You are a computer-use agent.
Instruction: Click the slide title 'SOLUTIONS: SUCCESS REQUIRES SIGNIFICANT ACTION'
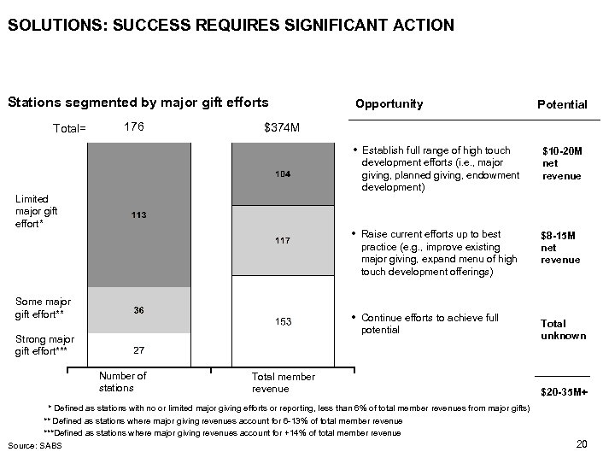[x=231, y=26]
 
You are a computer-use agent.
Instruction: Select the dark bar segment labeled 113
[x=139, y=214]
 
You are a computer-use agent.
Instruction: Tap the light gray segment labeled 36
[x=139, y=310]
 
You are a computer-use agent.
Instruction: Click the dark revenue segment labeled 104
[x=283, y=174]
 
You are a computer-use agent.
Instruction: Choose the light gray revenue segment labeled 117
[x=283, y=241]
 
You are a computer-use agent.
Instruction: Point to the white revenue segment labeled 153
[x=283, y=322]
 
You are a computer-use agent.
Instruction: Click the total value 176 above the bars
[x=134, y=126]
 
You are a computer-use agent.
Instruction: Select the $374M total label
[x=283, y=127]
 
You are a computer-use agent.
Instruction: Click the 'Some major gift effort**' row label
[x=43, y=308]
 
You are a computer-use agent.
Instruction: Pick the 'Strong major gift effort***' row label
[x=44, y=346]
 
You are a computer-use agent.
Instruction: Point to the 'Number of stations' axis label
[x=123, y=382]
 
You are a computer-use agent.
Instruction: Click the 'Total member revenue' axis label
[x=283, y=383]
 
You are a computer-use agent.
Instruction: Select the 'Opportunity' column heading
[x=389, y=104]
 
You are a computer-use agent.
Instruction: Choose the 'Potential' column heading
[x=561, y=105]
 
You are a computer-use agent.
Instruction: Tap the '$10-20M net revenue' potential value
[x=561, y=163]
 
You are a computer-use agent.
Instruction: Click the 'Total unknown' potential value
[x=564, y=330]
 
